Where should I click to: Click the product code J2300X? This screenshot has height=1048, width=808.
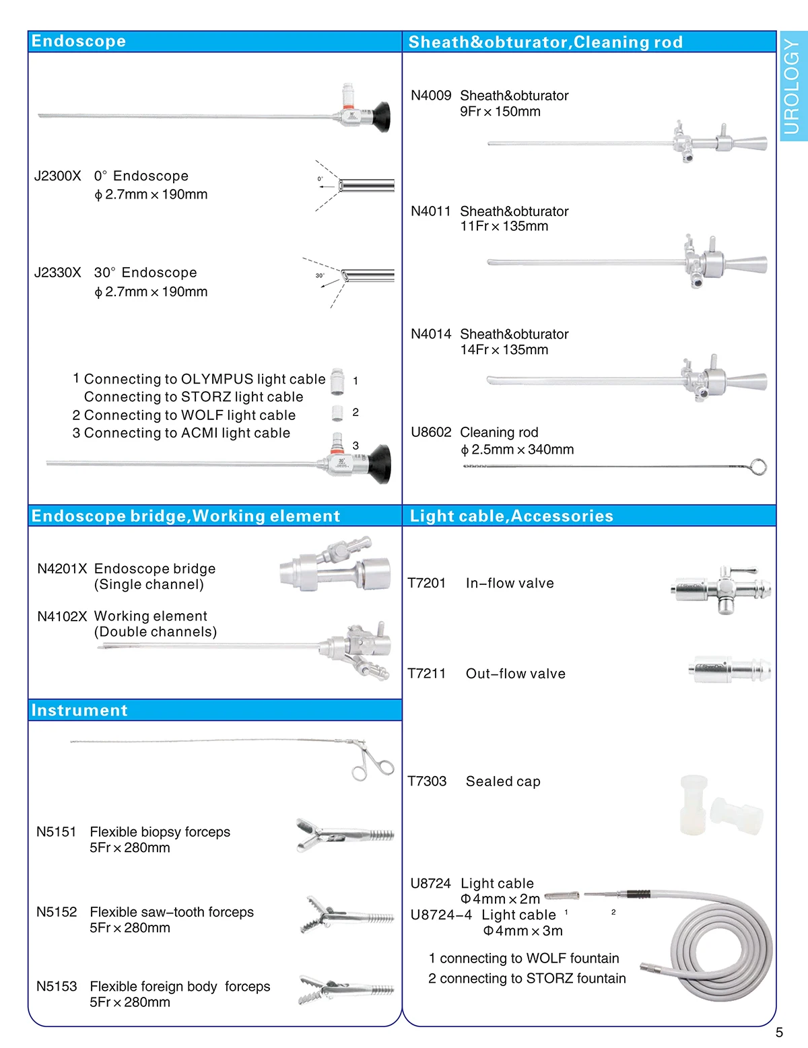[x=57, y=176]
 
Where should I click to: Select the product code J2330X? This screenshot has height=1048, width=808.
[x=57, y=273]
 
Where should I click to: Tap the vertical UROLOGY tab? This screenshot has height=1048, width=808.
[x=793, y=86]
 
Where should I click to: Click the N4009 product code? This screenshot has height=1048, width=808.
[x=431, y=96]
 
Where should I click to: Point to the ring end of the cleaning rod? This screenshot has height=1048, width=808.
[x=757, y=466]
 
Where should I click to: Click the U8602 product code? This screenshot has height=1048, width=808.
[x=431, y=432]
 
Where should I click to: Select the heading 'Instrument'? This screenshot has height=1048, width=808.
[x=79, y=711]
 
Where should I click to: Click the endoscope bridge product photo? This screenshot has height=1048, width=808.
[x=335, y=566]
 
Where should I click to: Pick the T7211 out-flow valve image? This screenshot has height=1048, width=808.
[x=729, y=670]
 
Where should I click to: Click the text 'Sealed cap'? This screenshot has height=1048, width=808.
[x=503, y=781]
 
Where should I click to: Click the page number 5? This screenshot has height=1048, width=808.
[x=779, y=1033]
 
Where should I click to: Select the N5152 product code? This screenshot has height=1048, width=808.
[x=57, y=912]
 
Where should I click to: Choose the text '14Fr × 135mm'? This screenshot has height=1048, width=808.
[x=504, y=350]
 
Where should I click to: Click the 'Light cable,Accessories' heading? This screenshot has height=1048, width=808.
[x=512, y=516]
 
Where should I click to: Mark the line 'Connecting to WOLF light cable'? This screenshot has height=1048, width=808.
[x=189, y=415]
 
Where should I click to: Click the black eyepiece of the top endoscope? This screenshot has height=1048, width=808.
[x=381, y=116]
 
